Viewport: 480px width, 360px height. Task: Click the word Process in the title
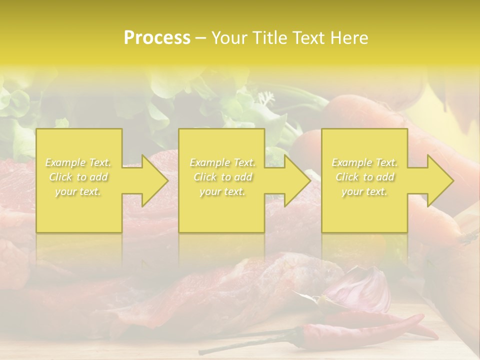pos(157,37)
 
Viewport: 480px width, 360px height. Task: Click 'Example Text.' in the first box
pos(78,162)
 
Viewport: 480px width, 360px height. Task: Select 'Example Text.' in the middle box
pos(222,162)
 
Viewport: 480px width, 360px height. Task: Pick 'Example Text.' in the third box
pos(364,162)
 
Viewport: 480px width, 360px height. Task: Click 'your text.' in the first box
pos(78,191)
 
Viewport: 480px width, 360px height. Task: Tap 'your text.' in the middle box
pos(222,191)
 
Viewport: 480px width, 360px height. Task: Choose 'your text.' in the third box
pos(364,191)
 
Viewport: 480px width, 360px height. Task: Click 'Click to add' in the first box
pos(78,177)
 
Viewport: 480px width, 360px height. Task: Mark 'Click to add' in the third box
pos(364,177)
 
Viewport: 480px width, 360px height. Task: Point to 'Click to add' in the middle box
pos(222,177)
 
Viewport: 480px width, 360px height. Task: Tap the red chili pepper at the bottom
pos(350,330)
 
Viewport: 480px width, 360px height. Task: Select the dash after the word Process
pos(200,38)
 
